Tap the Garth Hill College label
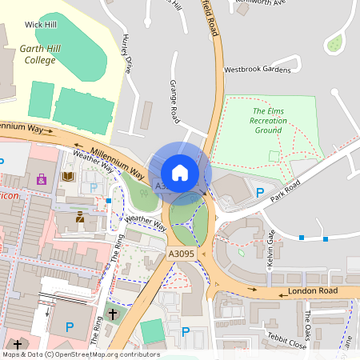click(38, 54)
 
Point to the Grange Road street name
click(174, 101)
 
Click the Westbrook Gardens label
click(257, 70)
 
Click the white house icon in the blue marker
click(180, 173)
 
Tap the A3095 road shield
click(181, 254)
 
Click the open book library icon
click(67, 176)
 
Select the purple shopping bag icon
click(41, 179)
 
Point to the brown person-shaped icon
click(80, 217)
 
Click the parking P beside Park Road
click(259, 192)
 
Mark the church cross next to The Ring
click(113, 314)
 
